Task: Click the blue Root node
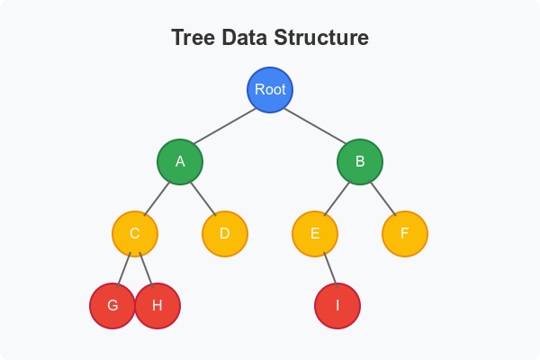coord(270,90)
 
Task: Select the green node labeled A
coord(180,162)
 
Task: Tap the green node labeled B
coord(360,162)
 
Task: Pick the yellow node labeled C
coord(135,234)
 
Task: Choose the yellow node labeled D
coord(225,234)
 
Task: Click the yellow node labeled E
coord(315,234)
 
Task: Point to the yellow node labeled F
coord(405,234)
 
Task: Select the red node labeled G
coord(112,305)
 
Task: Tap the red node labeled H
coord(158,305)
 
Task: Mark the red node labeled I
coord(337,306)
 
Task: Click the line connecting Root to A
coord(225,126)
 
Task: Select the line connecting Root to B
coord(315,126)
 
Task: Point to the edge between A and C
coord(157,198)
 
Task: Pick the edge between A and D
coord(202,198)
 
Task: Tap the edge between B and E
coord(337,198)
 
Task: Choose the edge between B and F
coord(382,198)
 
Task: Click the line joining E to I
coord(326,269)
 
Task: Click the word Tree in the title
coord(194,40)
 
